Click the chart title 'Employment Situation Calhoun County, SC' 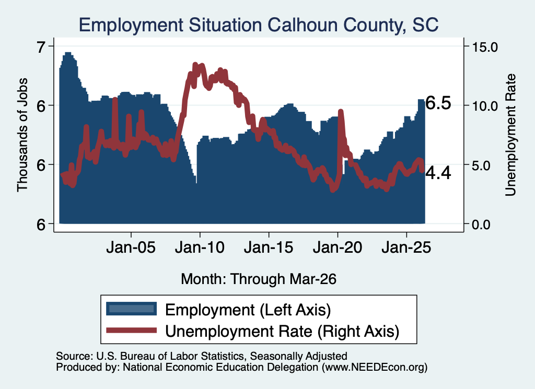tap(259, 25)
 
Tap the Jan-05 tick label tap(131, 247)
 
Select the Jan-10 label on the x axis tap(200, 247)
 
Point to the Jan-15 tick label tap(269, 247)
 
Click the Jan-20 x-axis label tap(338, 247)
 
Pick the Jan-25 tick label tap(406, 247)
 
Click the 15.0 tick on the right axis tap(485, 46)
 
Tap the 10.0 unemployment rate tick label tap(485, 106)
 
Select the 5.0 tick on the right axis tap(481, 166)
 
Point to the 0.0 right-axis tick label tap(481, 225)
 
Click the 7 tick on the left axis tap(41, 46)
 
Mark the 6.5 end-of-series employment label tap(438, 103)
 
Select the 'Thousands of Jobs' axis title tap(22, 135)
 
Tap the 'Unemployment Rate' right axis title tap(510, 135)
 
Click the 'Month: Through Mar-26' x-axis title tap(259, 279)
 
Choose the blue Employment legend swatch tap(131, 309)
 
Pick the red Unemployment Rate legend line tap(131, 331)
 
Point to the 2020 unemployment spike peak tap(340, 111)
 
